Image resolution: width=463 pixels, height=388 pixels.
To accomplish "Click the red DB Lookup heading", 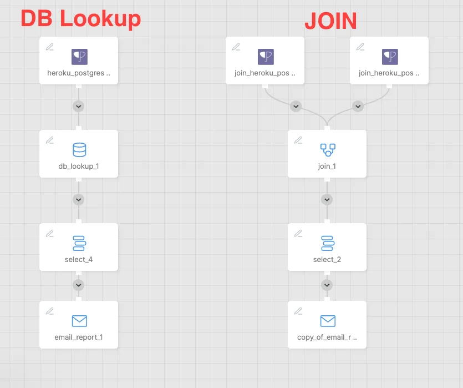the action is [80, 19].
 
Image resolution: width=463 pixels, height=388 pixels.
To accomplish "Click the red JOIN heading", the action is [330, 21].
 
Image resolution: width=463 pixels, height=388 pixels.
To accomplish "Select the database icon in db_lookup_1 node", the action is [79, 150].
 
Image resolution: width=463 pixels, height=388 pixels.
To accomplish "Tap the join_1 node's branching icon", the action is [328, 150].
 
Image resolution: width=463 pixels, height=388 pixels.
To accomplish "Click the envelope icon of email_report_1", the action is [79, 321].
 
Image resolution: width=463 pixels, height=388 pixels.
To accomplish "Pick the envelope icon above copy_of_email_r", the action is [328, 321].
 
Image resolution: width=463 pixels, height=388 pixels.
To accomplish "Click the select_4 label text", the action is [79, 259].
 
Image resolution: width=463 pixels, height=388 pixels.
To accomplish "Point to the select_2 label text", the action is [327, 259].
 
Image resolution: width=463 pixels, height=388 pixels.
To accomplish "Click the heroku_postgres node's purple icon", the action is [79, 57].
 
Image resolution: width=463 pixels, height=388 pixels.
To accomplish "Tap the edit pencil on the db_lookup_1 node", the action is [49, 140].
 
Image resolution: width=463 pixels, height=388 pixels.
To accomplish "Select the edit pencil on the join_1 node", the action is [298, 140].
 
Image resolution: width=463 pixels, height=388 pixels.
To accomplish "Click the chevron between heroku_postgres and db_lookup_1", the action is [79, 107].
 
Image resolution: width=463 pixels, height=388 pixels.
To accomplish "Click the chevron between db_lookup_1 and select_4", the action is [79, 200].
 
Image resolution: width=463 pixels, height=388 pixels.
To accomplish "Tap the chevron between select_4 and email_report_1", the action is [79, 285].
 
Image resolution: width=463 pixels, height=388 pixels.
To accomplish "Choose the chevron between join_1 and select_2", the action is [327, 200].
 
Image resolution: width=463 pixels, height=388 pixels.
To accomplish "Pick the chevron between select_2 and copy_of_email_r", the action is [327, 285].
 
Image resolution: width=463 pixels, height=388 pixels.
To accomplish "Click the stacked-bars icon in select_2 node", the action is [328, 243].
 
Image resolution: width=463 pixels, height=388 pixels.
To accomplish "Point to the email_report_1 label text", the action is [79, 337].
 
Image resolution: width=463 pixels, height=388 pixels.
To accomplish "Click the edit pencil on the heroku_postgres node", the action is [49, 47].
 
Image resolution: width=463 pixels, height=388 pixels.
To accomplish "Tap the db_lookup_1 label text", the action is [79, 166].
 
